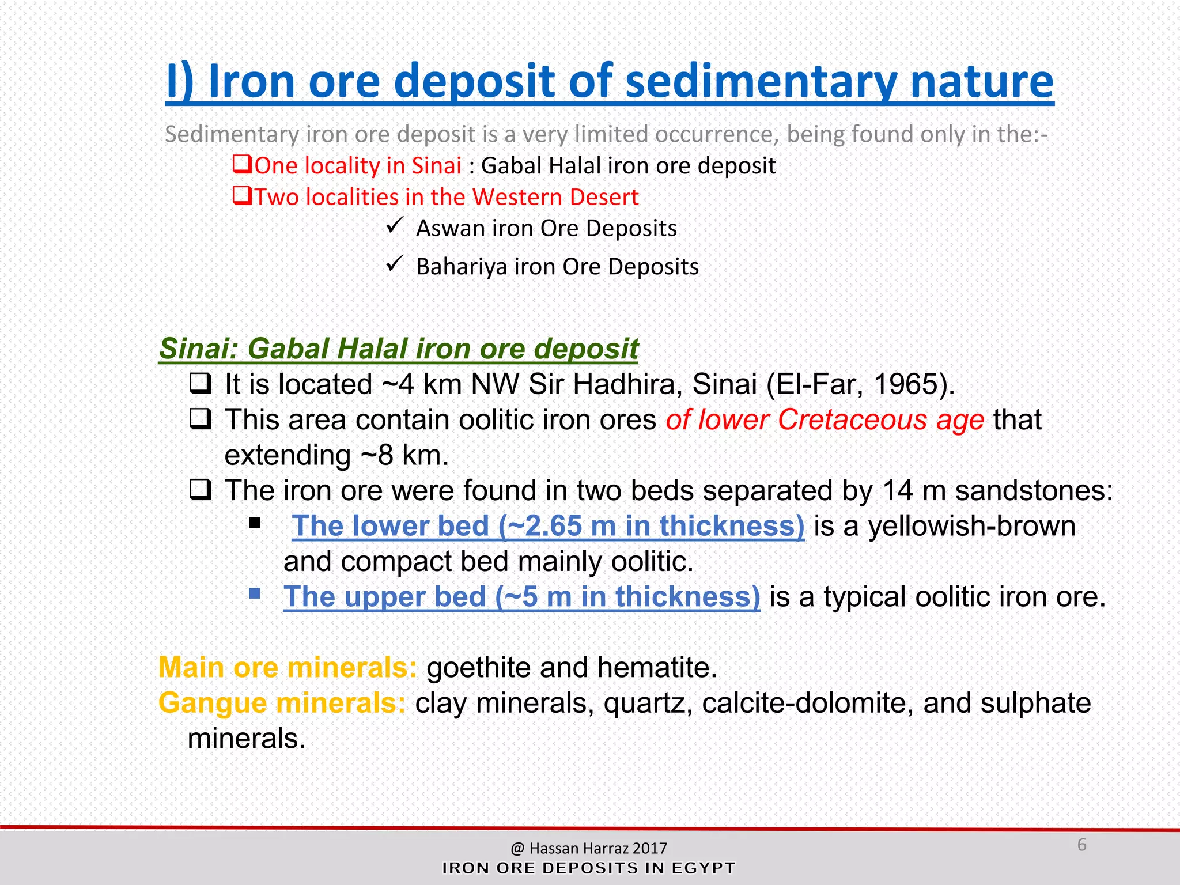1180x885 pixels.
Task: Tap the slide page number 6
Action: click(x=1081, y=845)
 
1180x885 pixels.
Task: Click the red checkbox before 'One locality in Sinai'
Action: click(x=241, y=164)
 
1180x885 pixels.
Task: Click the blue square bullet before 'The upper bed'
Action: click(x=255, y=593)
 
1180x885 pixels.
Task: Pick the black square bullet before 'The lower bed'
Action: click(x=255, y=523)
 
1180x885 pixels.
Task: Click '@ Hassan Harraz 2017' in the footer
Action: click(x=588, y=848)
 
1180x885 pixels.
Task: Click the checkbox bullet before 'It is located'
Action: click(x=201, y=383)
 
